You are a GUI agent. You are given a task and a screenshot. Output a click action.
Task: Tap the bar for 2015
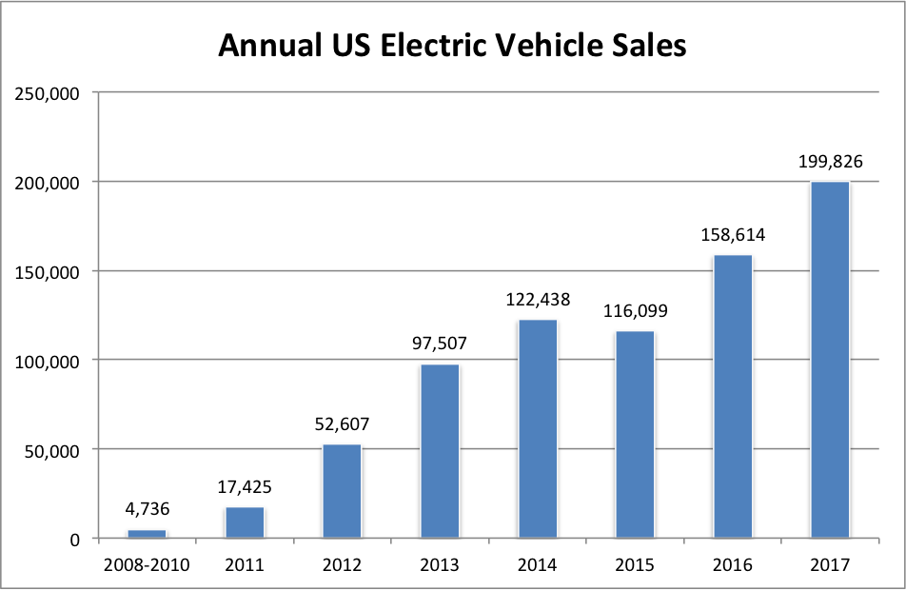pyautogui.click(x=635, y=434)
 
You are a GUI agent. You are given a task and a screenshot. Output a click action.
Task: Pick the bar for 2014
pyautogui.click(x=537, y=429)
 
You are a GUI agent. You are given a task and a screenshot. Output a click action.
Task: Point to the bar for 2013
pyautogui.click(x=440, y=451)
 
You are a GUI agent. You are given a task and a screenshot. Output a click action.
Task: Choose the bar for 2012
pyautogui.click(x=342, y=491)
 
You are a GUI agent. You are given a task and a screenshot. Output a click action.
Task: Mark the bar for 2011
pyautogui.click(x=245, y=522)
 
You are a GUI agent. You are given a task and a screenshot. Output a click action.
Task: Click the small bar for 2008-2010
pyautogui.click(x=147, y=534)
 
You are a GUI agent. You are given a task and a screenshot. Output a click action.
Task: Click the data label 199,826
pyautogui.click(x=829, y=162)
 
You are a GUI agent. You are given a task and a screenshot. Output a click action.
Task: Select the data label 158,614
pyautogui.click(x=732, y=234)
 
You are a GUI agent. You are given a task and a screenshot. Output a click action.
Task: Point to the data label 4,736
pyautogui.click(x=147, y=509)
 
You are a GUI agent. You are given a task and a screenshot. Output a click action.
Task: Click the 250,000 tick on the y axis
pyautogui.click(x=45, y=93)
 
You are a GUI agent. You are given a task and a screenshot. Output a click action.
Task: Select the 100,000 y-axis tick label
pyautogui.click(x=45, y=361)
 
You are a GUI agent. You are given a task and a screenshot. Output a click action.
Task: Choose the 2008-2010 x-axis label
pyautogui.click(x=147, y=564)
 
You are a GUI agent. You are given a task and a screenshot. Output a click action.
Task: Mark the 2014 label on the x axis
pyautogui.click(x=537, y=564)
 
